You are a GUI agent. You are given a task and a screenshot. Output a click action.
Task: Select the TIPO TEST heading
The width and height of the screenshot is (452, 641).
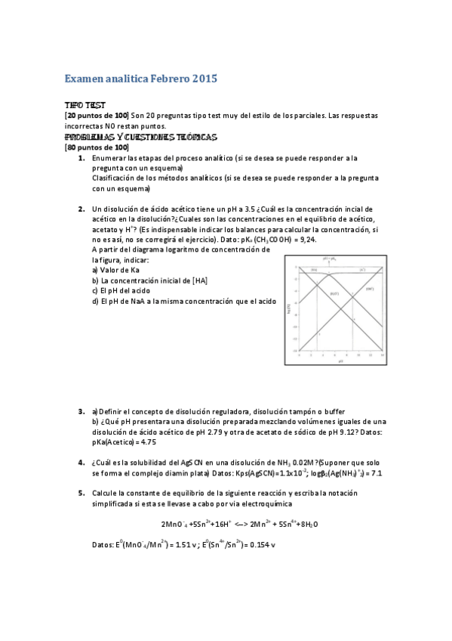pos(85,105)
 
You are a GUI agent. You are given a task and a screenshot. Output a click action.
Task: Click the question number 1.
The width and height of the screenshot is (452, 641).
pos(81,159)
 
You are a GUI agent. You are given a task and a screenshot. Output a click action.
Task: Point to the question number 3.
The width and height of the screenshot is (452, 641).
pos(81,411)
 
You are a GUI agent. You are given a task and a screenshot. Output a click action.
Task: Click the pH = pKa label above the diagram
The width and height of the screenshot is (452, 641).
pos(330,259)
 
